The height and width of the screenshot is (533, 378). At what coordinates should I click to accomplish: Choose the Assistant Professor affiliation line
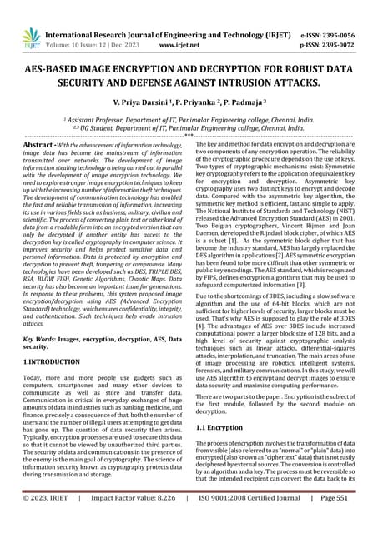pyautogui.click(x=189, y=121)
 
